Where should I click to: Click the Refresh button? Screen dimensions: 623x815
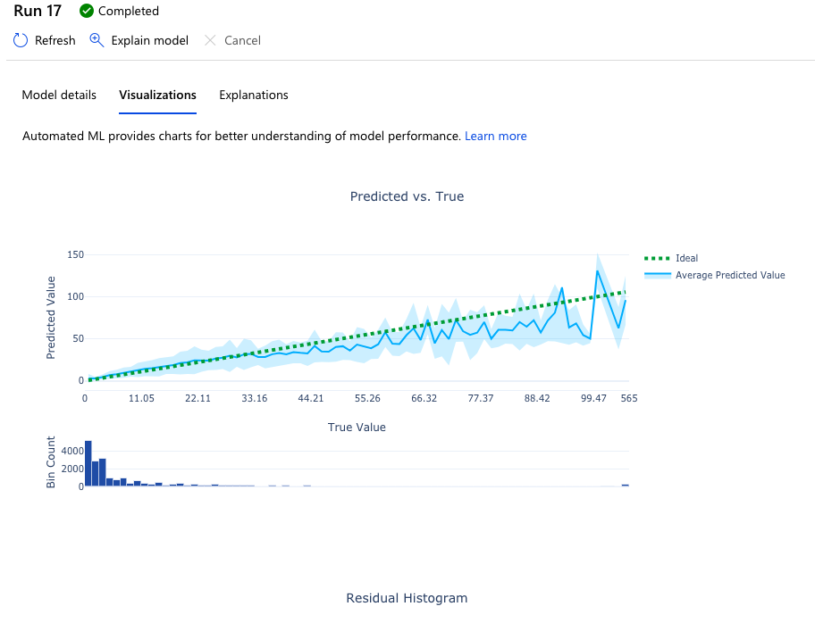pos(45,40)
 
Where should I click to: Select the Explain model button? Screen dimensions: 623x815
pos(139,40)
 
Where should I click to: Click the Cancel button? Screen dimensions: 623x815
pos(232,40)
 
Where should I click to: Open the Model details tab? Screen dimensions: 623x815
pos(59,95)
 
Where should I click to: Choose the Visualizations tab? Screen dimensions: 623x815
pos(157,95)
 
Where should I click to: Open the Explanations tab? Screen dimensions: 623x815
pos(254,95)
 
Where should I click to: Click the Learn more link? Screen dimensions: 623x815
pos(495,137)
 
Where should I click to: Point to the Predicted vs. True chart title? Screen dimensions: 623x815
pos(407,196)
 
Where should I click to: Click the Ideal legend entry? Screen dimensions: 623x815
pos(686,259)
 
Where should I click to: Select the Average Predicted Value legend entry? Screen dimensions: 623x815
pos(729,275)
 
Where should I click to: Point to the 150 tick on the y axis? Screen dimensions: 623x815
pos(75,255)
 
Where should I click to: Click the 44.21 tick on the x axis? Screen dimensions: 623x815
pos(311,398)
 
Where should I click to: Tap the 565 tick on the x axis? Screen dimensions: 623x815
pos(629,398)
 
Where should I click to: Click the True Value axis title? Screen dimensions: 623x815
pos(357,428)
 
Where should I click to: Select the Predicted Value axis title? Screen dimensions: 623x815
pos(51,318)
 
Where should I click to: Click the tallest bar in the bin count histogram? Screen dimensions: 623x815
pos(88,463)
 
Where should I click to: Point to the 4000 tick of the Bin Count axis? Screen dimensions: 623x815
pos(71,451)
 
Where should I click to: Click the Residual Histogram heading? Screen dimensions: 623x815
pos(407,598)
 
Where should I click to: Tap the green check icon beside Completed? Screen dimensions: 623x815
pos(87,12)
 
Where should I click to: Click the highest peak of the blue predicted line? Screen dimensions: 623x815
pos(597,271)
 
